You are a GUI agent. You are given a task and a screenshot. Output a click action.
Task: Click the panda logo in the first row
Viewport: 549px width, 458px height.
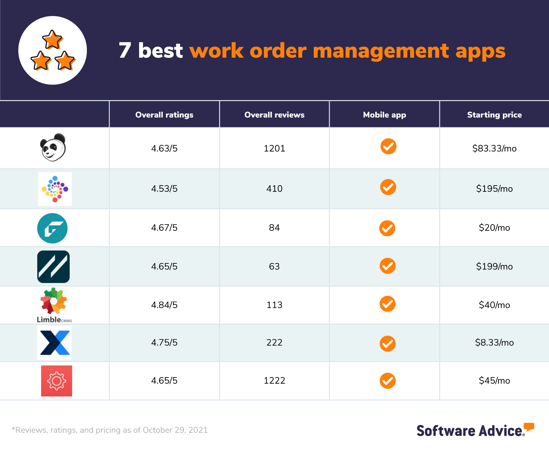click(x=53, y=148)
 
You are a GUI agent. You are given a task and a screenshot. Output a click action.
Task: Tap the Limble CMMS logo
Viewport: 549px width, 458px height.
click(x=54, y=305)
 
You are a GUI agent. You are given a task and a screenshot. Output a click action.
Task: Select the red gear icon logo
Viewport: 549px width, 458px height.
click(x=57, y=381)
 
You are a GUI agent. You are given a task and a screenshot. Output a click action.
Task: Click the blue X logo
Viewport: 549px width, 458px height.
click(x=55, y=343)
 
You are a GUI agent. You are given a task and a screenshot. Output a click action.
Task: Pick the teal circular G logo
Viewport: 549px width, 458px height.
click(x=52, y=228)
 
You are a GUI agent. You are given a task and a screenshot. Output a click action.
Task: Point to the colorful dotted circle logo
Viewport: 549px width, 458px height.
click(x=55, y=189)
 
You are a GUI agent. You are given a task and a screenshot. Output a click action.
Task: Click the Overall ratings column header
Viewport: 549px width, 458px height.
click(x=164, y=115)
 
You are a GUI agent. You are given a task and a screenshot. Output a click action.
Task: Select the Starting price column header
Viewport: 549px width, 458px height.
click(x=494, y=115)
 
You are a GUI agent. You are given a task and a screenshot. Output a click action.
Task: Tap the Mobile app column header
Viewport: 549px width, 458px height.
click(x=384, y=115)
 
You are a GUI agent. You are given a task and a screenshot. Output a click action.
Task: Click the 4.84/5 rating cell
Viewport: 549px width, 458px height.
click(x=164, y=305)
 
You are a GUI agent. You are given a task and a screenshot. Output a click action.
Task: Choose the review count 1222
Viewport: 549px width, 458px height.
click(x=274, y=380)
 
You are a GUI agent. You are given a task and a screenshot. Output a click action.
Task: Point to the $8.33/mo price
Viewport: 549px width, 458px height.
click(x=494, y=342)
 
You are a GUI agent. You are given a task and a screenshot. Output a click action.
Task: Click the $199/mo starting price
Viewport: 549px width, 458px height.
click(x=494, y=266)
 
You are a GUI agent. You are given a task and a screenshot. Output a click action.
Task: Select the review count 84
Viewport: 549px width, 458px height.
click(x=274, y=228)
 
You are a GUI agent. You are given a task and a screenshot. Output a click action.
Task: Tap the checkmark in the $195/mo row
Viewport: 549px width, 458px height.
click(x=388, y=187)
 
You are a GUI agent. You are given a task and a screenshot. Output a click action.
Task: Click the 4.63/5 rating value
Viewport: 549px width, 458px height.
click(x=164, y=148)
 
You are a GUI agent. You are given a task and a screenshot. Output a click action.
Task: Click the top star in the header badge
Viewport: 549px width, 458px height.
click(x=53, y=40)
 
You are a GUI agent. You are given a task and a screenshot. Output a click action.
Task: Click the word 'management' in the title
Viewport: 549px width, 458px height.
click(x=381, y=51)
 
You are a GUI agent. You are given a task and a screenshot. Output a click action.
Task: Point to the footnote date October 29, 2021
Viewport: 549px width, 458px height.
click(x=175, y=430)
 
